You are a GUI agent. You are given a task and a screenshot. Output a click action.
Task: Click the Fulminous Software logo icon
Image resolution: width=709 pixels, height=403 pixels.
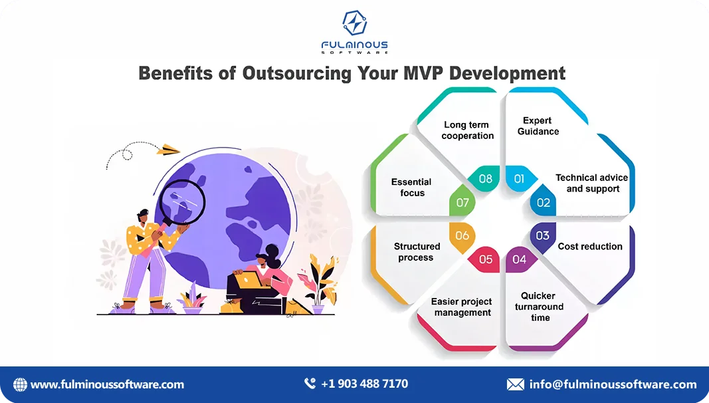(354, 23)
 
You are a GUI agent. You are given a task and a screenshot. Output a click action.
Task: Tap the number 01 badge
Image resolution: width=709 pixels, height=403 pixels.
(519, 178)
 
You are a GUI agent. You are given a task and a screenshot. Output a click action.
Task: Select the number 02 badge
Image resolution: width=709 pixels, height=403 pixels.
(544, 202)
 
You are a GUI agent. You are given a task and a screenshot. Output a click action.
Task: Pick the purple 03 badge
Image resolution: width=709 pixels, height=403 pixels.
(542, 235)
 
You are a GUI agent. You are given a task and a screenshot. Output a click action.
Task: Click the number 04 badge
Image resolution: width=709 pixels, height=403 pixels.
(519, 259)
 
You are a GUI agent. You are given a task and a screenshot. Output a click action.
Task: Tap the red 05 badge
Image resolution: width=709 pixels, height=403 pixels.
(486, 259)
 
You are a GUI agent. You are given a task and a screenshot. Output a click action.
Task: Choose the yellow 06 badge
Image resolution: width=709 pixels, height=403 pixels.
(462, 235)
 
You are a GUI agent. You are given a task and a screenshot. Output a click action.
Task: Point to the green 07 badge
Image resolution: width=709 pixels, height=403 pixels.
(462, 202)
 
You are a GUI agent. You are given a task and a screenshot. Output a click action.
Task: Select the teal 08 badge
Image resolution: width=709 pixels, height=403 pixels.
(486, 178)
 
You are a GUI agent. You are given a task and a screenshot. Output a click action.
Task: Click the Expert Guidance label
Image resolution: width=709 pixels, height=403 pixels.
(538, 126)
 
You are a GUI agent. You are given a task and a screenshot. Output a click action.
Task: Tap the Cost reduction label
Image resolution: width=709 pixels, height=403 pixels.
(590, 246)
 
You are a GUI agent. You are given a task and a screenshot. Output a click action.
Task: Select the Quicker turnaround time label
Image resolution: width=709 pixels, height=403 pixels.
(539, 307)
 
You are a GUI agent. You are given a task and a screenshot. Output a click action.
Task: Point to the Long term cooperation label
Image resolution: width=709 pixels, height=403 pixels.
(468, 130)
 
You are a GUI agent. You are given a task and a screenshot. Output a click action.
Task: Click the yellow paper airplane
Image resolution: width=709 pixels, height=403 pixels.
(169, 150)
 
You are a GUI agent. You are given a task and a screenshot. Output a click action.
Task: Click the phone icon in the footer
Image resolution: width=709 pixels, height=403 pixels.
(310, 384)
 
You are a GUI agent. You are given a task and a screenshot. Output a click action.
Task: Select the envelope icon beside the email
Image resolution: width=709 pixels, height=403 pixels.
(515, 384)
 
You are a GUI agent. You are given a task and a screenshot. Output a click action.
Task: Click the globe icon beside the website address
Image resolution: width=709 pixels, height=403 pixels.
(21, 384)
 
